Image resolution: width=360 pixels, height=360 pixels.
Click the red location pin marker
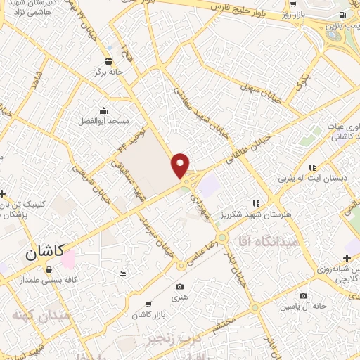point(181,165)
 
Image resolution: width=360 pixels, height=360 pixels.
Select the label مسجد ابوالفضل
point(104,122)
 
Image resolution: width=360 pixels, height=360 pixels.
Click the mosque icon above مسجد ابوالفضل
point(104,110)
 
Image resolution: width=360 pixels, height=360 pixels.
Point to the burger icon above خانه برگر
point(108,60)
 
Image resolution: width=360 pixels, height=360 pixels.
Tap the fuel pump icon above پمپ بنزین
point(342,15)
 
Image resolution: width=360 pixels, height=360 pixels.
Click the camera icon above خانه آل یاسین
point(303,296)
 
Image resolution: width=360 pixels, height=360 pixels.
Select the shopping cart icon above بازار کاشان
point(148,304)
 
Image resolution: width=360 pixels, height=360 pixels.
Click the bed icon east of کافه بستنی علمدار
point(123,273)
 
